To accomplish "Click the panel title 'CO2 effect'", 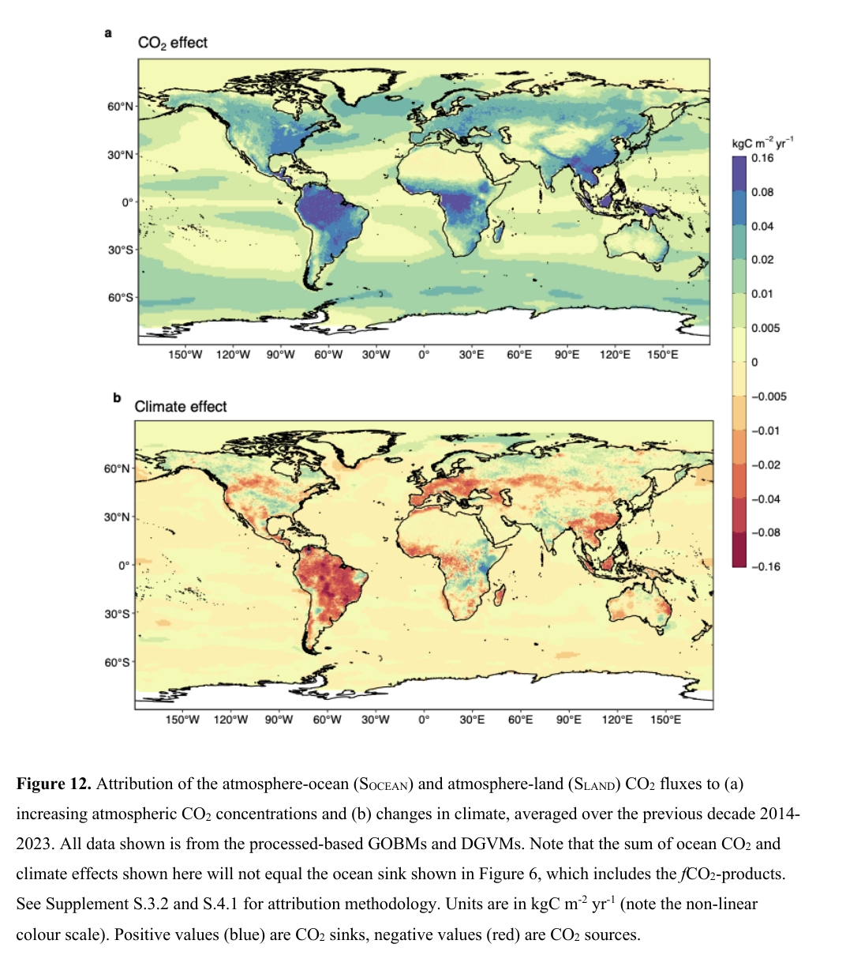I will coord(172,43).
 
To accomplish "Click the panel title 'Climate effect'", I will coord(181,406).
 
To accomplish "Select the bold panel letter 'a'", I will coord(108,33).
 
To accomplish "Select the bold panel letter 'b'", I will coord(117,397).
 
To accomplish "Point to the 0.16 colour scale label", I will coord(762,158).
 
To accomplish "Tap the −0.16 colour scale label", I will coord(765,566).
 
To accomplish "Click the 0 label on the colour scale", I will coord(754,363).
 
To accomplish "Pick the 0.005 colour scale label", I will coord(766,329).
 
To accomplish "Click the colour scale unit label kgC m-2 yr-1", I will coord(762,143).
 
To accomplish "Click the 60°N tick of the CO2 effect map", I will coord(121,107).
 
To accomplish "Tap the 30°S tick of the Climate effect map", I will coord(118,614).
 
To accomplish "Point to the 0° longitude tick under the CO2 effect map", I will coord(424,355).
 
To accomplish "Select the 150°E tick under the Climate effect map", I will coord(665,720).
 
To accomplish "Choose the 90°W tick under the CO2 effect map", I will coord(280,355).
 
